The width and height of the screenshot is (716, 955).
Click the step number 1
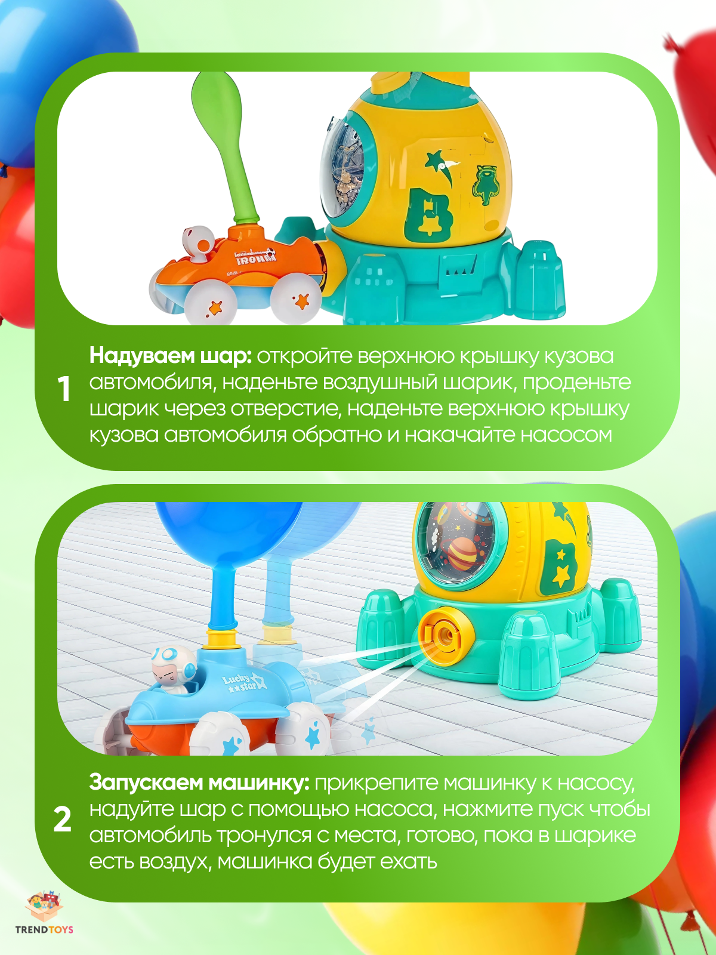(x=64, y=390)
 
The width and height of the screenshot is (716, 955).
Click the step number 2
(x=63, y=820)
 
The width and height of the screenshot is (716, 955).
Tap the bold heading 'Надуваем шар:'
(x=170, y=356)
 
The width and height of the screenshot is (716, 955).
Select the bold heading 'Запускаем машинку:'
(x=199, y=783)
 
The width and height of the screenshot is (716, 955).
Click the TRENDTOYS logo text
(x=44, y=929)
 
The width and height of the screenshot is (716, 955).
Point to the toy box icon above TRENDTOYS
(x=44, y=907)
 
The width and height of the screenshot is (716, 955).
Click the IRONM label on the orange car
(x=256, y=259)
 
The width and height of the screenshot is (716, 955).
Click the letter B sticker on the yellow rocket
(x=428, y=215)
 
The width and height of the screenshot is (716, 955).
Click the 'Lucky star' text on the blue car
(x=240, y=683)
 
